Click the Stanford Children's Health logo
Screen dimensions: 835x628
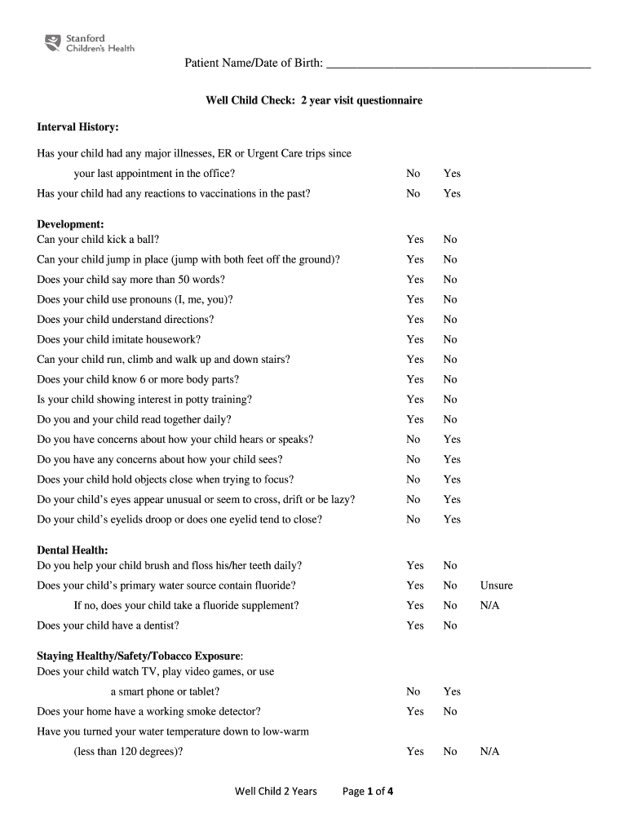coord(89,42)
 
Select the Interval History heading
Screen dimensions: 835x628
coord(78,127)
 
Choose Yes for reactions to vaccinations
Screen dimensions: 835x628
coord(452,193)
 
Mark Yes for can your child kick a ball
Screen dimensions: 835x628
coord(415,240)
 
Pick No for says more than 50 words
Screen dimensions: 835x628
coord(450,280)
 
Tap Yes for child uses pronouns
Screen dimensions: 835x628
coord(415,299)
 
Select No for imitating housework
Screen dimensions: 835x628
coord(450,339)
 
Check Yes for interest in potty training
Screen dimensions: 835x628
coord(415,400)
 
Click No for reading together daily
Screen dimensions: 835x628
coord(450,419)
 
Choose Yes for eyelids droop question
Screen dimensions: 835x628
coord(452,519)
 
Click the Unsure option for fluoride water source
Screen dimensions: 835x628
coord(497,585)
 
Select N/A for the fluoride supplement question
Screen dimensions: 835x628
coord(490,606)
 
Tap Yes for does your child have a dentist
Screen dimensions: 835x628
coord(415,625)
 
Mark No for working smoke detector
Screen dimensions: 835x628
coord(450,711)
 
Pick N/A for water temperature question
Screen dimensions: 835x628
coord(490,751)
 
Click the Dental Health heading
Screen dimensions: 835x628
coord(73,550)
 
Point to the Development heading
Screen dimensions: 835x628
coord(70,224)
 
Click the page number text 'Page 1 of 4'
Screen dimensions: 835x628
coord(369,791)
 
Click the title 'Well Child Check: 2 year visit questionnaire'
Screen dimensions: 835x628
coord(313,100)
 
